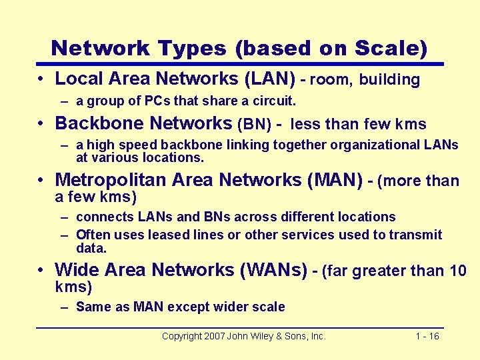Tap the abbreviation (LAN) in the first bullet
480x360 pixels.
(x=271, y=79)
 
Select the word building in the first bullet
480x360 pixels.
(x=390, y=80)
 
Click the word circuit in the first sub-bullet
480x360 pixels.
(x=272, y=101)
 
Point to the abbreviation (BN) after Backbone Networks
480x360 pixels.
(x=253, y=124)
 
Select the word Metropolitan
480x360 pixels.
(x=111, y=180)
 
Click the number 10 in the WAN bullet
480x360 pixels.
(x=457, y=271)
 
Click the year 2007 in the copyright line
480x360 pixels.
(x=212, y=336)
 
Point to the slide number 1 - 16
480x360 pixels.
(x=427, y=336)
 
